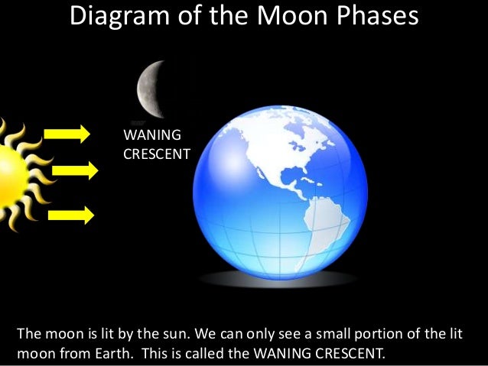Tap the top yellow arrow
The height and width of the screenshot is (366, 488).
click(67, 135)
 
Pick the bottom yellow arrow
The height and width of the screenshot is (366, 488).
click(70, 215)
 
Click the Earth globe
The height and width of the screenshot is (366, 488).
click(278, 190)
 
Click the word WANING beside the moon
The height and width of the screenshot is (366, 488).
click(151, 136)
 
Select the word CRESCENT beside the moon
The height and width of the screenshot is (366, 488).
click(156, 154)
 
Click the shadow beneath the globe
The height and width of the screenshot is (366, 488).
click(278, 280)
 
